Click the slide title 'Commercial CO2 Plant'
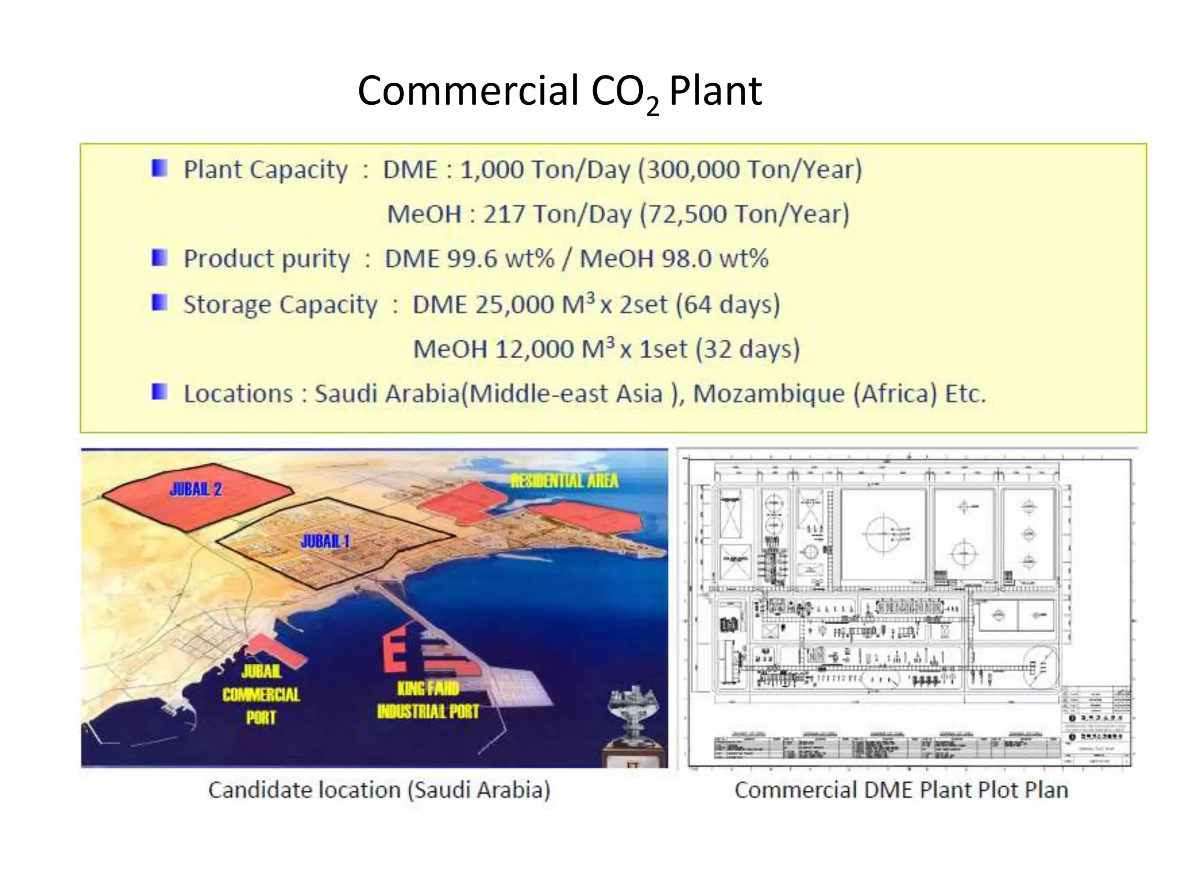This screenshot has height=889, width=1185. [x=559, y=92]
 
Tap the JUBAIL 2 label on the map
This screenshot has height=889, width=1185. [x=196, y=490]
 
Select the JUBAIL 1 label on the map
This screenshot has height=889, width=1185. [x=325, y=542]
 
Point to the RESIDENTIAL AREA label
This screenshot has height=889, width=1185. [x=564, y=481]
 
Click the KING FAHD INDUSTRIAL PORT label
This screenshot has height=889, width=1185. [x=428, y=700]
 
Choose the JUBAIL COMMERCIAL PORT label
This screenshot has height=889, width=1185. [x=261, y=694]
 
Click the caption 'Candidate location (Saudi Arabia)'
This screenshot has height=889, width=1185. [x=379, y=790]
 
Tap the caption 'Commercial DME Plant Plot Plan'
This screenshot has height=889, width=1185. [x=901, y=790]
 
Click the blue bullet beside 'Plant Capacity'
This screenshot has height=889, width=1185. [x=159, y=168]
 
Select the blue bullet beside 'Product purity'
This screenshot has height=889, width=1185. [x=159, y=258]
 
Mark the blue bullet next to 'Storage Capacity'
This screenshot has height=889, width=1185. [x=159, y=303]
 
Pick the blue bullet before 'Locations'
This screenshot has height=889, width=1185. [x=159, y=392]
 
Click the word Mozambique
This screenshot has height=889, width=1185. [x=769, y=394]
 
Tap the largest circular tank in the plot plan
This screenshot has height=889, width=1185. [x=884, y=534]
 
